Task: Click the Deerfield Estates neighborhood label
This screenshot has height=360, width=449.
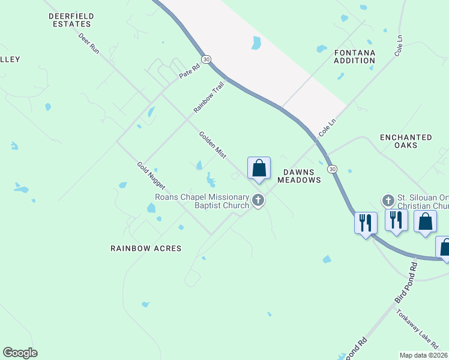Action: pyautogui.click(x=70, y=20)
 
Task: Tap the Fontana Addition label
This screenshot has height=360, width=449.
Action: pyautogui.click(x=355, y=56)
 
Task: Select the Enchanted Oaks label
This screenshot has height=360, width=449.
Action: pyautogui.click(x=406, y=142)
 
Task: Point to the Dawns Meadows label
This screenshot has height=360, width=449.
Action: pyautogui.click(x=300, y=176)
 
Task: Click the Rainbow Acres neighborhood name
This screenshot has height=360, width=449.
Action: pyautogui.click(x=146, y=248)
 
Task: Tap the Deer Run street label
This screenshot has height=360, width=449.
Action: pyautogui.click(x=89, y=43)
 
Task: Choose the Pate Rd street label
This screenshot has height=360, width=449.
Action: pyautogui.click(x=188, y=72)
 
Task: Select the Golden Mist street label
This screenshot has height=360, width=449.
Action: pyautogui.click(x=212, y=145)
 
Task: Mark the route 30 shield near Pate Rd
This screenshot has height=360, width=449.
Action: pyautogui.click(x=206, y=59)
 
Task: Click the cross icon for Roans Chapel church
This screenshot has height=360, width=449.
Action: pyautogui.click(x=258, y=201)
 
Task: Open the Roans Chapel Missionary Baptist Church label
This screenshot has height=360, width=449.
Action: pyautogui.click(x=202, y=201)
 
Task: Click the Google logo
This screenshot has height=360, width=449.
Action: pyautogui.click(x=20, y=353)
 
